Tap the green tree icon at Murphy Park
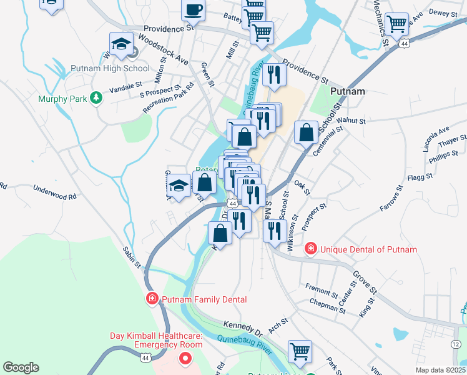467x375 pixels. pos(96,98)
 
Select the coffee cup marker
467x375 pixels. pos(193,10)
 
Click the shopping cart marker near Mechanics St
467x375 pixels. pos(396,25)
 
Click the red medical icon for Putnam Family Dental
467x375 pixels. pos(151,299)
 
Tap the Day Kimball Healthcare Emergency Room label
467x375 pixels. pos(156,340)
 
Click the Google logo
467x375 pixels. pos(21,367)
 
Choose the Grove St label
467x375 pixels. pos(365,282)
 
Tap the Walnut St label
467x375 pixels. pos(350,119)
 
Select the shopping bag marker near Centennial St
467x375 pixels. pos(306,133)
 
